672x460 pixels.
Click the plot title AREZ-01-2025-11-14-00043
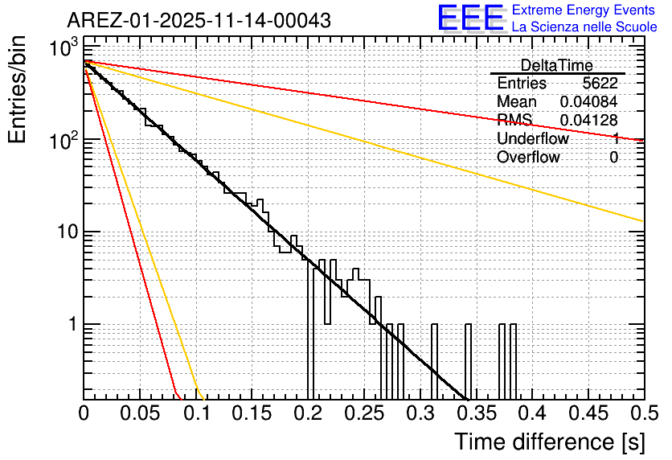(199, 21)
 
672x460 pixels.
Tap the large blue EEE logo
(470, 18)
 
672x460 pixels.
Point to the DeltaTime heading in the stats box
(556, 65)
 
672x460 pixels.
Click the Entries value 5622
(600, 84)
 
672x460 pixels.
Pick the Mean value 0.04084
(588, 102)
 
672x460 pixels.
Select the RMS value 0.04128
(588, 121)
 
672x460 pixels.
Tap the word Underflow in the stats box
(532, 139)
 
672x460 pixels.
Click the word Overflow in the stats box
(528, 158)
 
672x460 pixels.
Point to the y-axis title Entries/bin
(18, 91)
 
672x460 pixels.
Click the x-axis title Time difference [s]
(548, 442)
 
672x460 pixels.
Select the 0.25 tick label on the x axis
(364, 413)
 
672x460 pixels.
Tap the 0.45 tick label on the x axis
(588, 413)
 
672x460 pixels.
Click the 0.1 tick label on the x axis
(196, 413)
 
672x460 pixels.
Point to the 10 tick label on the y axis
(64, 232)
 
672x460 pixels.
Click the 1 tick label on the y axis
(72, 325)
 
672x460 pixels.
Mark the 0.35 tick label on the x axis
(477, 413)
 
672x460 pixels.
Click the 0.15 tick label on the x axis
(252, 413)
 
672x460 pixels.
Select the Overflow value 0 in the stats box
(614, 158)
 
